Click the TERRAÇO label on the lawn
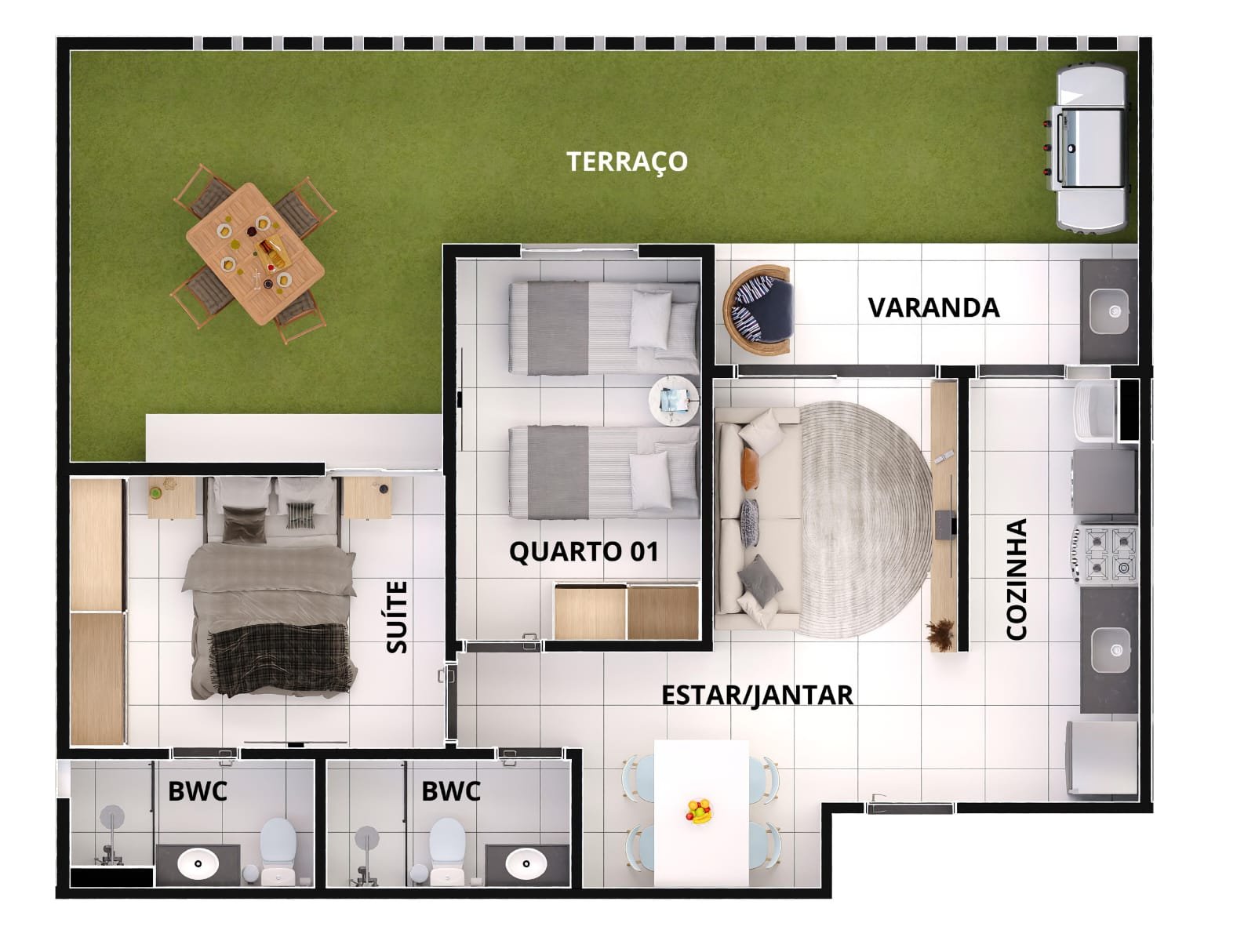click(x=627, y=162)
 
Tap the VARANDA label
click(x=933, y=308)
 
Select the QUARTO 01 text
click(x=584, y=552)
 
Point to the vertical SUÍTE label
click(x=397, y=617)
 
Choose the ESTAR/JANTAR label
click(x=757, y=696)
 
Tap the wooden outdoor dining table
click(x=255, y=253)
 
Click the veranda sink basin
click(x=1108, y=311)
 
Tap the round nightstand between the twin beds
click(x=674, y=399)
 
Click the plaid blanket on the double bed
click(x=279, y=658)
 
